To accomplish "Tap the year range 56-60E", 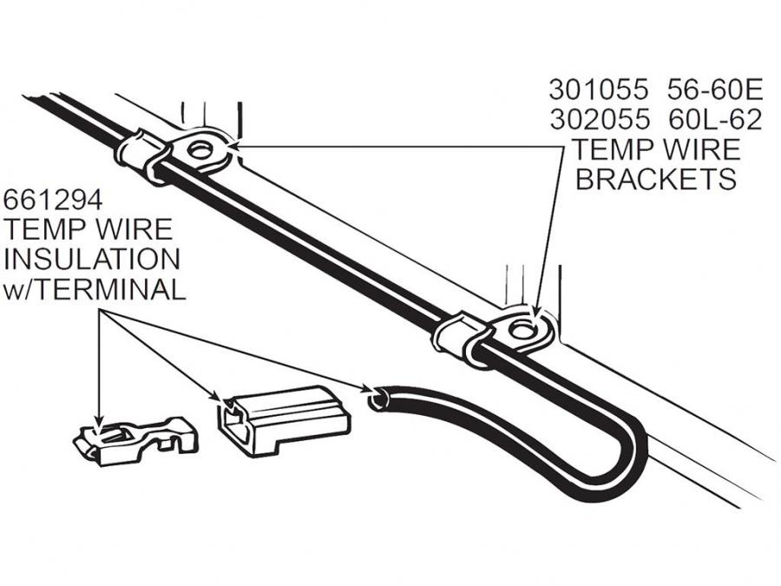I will pos(715,89).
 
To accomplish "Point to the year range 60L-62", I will pos(715,119).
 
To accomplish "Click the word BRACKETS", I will pos(656,179).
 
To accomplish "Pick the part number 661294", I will pos(53,201).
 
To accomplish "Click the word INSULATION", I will pos(92,260).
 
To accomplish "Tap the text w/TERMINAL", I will pos(95,289).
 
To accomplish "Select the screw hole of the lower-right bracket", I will pos(522,329).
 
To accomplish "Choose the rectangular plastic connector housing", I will pos(284,420).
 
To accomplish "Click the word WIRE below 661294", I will pos(130,230).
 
